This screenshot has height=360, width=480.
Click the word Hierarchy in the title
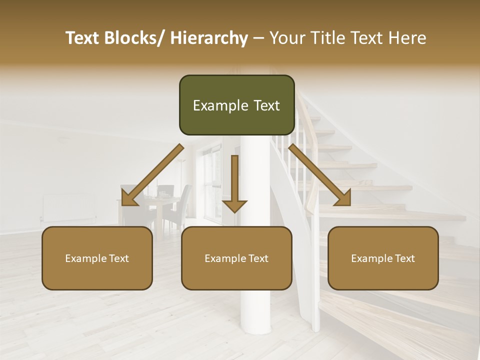[208, 38]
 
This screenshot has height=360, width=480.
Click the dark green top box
[236, 105]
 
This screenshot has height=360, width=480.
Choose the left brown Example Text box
[97, 258]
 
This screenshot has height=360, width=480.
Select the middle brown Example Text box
[236, 258]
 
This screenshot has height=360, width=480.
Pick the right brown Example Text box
[383, 258]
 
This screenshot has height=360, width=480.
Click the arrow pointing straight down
[234, 185]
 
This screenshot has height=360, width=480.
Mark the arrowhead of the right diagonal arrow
[343, 198]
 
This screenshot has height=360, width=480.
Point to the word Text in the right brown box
[404, 258]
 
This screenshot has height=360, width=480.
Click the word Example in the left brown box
[85, 258]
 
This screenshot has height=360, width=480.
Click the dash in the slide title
[258, 38]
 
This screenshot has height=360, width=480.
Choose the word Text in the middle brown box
[258, 258]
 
